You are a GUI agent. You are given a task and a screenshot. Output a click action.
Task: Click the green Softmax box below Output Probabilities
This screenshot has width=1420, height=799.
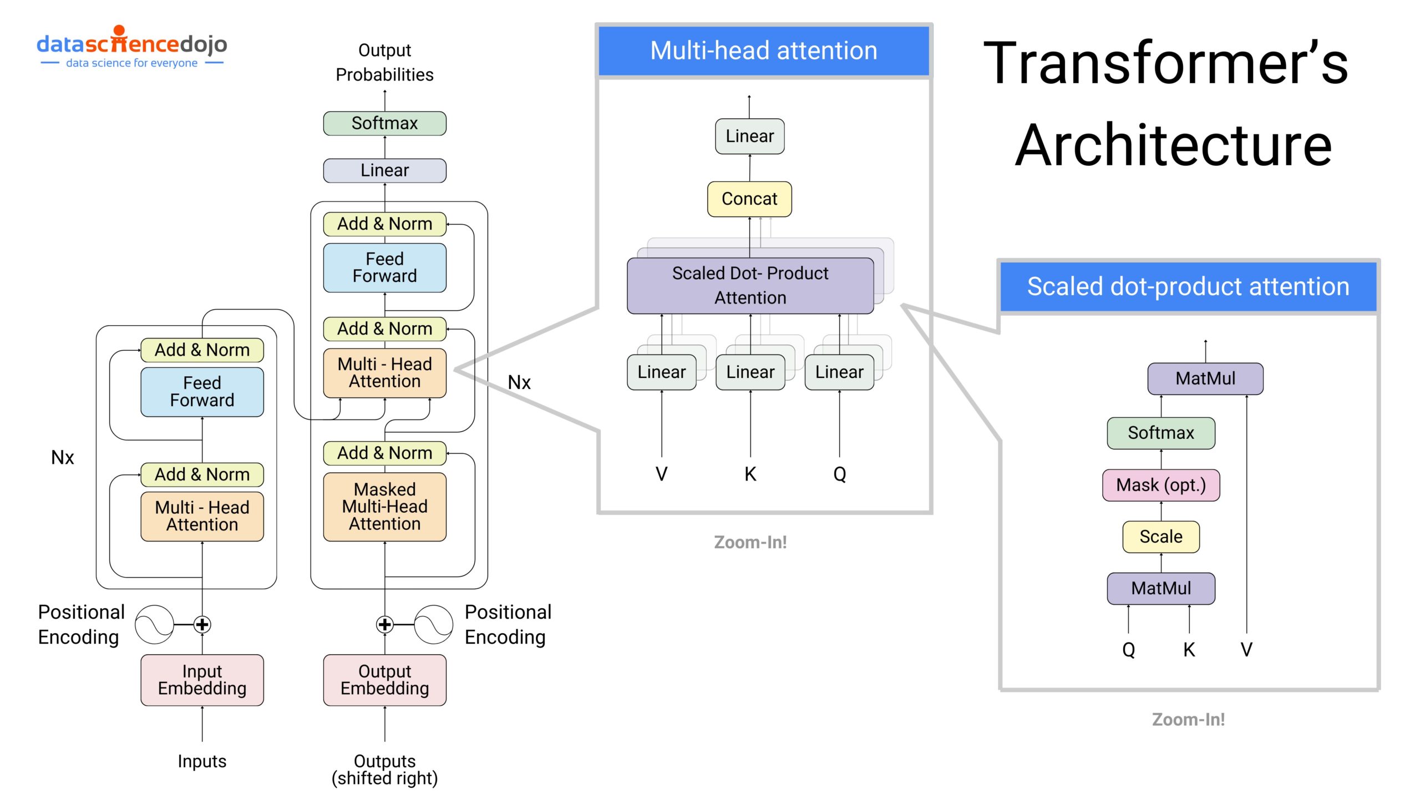[384, 123]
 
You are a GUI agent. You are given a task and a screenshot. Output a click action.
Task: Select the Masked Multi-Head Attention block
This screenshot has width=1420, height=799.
[384, 507]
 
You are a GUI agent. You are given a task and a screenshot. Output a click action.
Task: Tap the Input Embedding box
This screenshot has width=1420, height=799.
[202, 680]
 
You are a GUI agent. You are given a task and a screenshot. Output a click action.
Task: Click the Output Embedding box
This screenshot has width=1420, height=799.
[384, 680]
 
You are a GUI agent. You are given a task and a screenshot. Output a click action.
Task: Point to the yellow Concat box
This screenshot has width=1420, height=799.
[749, 199]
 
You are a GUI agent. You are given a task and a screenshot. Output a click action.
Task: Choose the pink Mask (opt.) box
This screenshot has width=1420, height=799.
[1161, 485]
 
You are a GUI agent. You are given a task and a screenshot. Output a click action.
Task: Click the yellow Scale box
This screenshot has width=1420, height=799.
[1161, 537]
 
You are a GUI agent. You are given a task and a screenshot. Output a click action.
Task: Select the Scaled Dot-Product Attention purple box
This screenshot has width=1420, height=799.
[750, 285]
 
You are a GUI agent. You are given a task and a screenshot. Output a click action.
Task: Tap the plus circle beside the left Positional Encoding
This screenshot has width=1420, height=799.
[202, 624]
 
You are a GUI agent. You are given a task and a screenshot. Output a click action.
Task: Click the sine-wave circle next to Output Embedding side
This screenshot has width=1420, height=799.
[434, 624]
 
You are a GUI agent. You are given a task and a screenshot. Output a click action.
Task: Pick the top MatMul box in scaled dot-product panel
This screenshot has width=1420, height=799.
[1205, 378]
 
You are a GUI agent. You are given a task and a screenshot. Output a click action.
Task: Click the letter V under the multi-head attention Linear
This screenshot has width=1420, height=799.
[661, 474]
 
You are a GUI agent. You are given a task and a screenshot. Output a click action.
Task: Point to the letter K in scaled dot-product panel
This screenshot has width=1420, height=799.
[1189, 649]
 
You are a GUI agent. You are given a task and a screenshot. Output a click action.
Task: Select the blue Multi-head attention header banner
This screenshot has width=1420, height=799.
[764, 50]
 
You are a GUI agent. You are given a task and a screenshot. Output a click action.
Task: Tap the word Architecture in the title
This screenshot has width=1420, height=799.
[1173, 145]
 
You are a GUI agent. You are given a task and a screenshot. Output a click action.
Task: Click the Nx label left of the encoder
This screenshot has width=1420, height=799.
[62, 457]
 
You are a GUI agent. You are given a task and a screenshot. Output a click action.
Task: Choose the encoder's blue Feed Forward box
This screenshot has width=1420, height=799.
[202, 392]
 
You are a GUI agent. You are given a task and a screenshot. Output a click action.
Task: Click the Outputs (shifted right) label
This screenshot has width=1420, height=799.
[384, 769]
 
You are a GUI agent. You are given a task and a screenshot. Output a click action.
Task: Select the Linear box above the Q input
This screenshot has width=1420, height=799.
[839, 372]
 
